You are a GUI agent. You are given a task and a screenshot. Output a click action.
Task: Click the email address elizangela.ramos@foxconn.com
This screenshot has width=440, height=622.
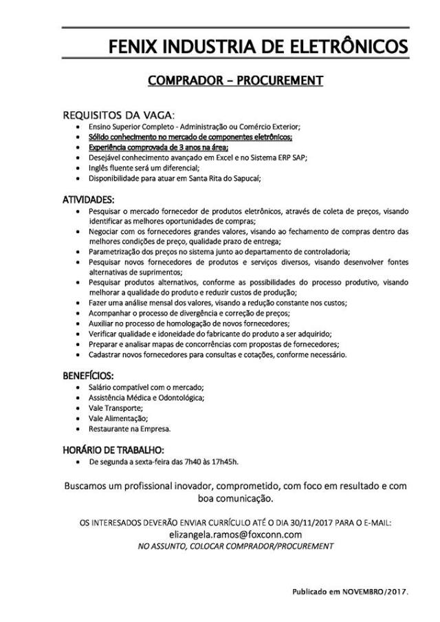point(236,533)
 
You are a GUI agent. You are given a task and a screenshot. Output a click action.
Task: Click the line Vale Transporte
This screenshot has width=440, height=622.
point(115,408)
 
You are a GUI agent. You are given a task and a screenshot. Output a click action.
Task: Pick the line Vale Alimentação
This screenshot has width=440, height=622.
point(118,418)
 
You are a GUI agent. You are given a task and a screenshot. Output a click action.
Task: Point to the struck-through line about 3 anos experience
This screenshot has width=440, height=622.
point(158,147)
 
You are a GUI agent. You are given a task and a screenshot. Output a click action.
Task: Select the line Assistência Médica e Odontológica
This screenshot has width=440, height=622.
point(146,398)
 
